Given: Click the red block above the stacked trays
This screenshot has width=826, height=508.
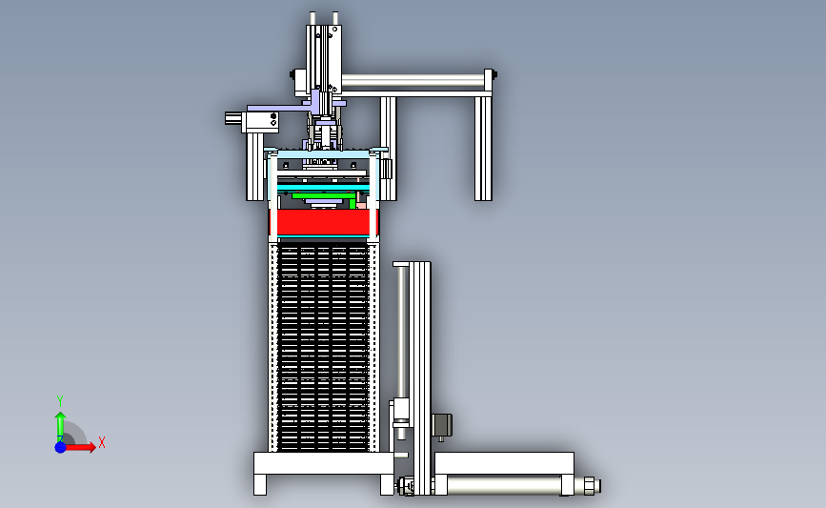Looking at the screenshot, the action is point(324,222).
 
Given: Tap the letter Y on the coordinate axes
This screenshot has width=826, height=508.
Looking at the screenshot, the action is point(59,401).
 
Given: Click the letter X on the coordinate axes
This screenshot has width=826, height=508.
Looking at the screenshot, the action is point(102,442).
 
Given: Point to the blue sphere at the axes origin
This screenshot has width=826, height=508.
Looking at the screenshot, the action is point(61,447).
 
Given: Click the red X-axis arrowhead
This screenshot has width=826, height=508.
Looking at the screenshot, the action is point(91,447).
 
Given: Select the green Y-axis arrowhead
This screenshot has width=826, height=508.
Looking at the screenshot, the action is point(61,417).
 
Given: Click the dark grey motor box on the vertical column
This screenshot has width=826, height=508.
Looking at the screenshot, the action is point(442,425).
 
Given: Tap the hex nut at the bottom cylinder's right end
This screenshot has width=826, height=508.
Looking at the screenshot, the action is point(590,485).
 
